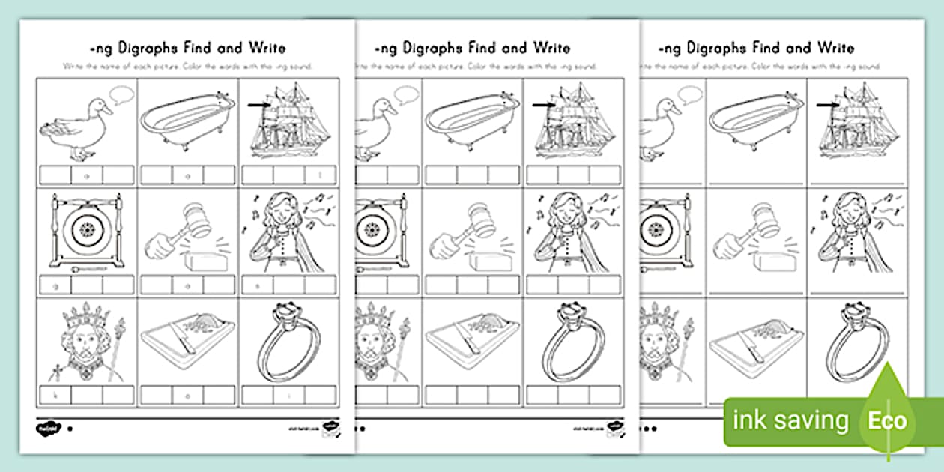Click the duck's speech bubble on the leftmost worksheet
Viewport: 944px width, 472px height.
pyautogui.click(x=121, y=95)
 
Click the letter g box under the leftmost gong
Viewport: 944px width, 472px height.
pyautogui.click(x=54, y=285)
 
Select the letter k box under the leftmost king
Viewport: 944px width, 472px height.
pyautogui.click(x=54, y=394)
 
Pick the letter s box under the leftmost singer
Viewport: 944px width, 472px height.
pyautogui.click(x=257, y=285)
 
